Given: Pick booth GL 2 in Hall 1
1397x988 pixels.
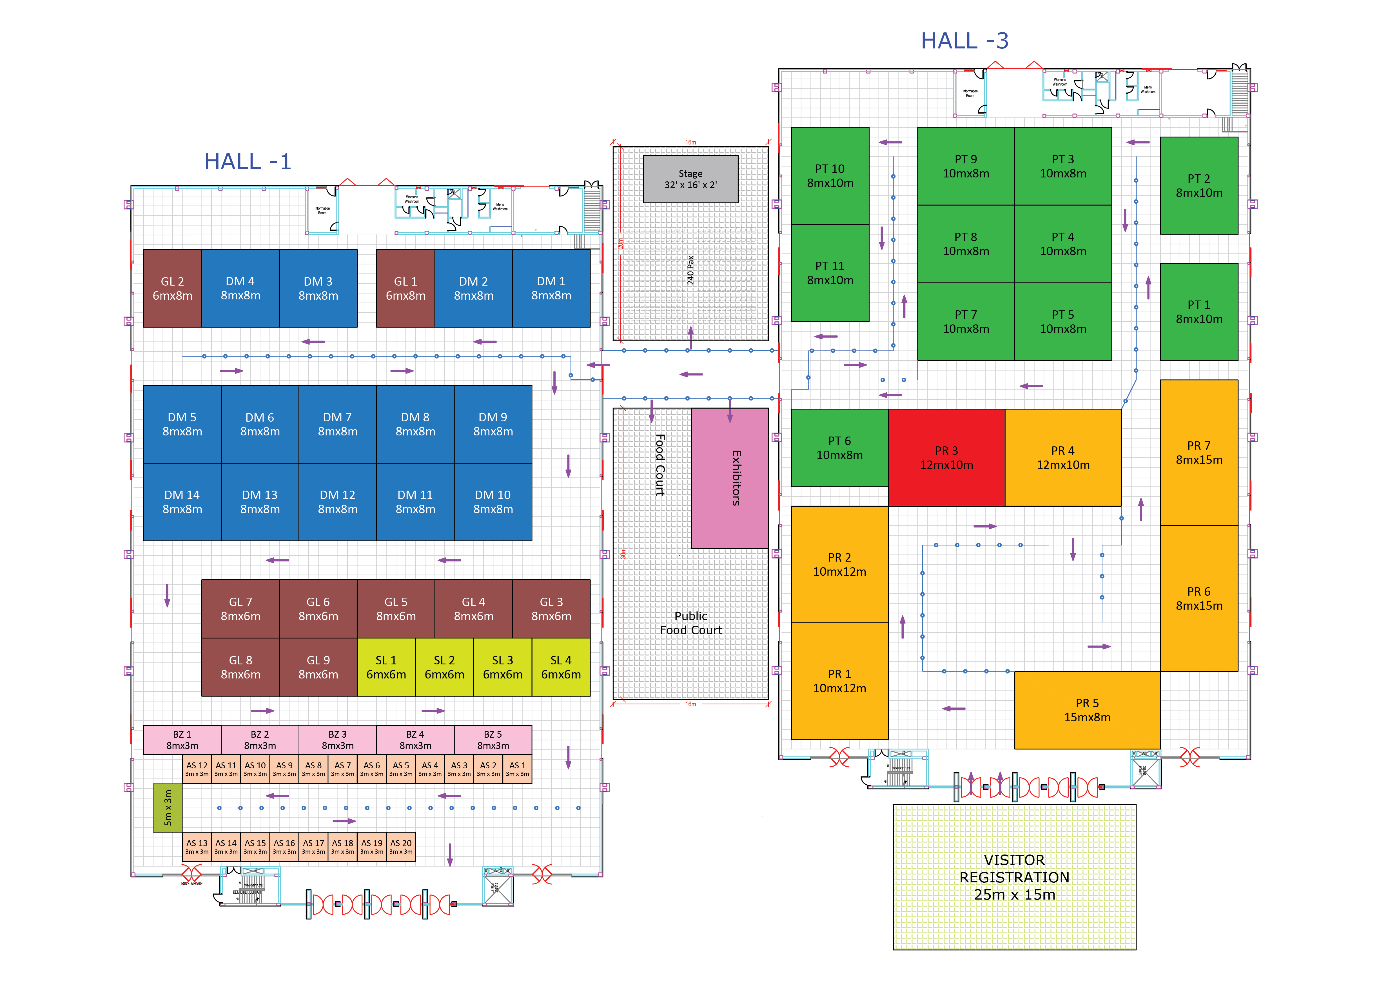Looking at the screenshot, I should [x=172, y=288].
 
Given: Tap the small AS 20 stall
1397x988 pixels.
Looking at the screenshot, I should [x=401, y=846].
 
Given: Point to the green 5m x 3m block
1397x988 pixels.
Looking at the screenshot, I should [x=167, y=807].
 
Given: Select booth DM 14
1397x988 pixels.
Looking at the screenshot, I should [x=182, y=502].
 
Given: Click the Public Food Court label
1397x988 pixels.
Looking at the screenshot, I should [x=690, y=623].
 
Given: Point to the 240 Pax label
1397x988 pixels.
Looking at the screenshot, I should [x=690, y=270].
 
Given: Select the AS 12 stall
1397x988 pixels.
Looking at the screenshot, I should [x=197, y=769].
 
